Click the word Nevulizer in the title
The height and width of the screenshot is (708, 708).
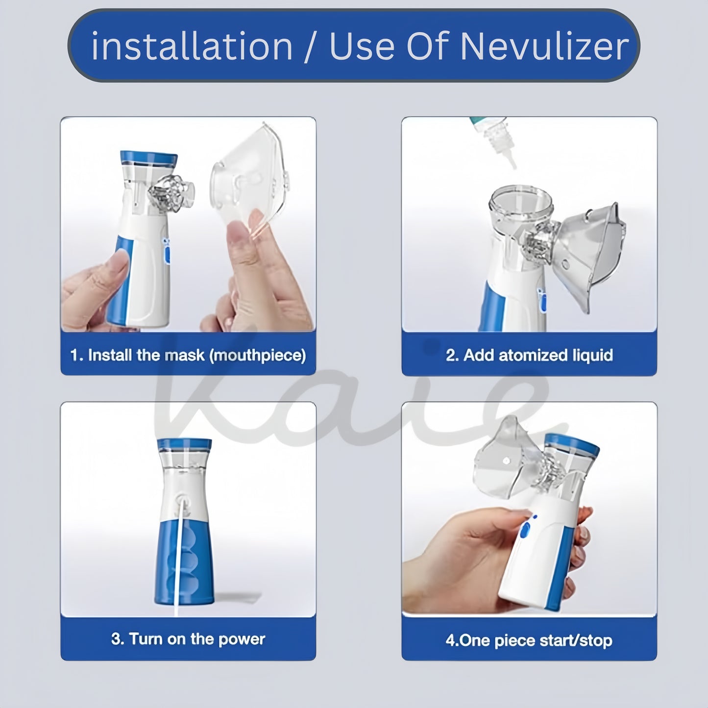click(x=544, y=46)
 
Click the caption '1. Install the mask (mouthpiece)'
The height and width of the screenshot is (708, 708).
click(x=188, y=355)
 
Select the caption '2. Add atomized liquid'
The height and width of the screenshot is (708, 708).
click(x=529, y=355)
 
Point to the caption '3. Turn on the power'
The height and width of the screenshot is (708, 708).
click(x=188, y=639)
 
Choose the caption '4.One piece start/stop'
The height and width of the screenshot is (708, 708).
click(x=529, y=640)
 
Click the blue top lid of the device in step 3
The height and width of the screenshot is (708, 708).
click(x=184, y=444)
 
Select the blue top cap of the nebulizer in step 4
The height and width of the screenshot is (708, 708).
click(x=572, y=444)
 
